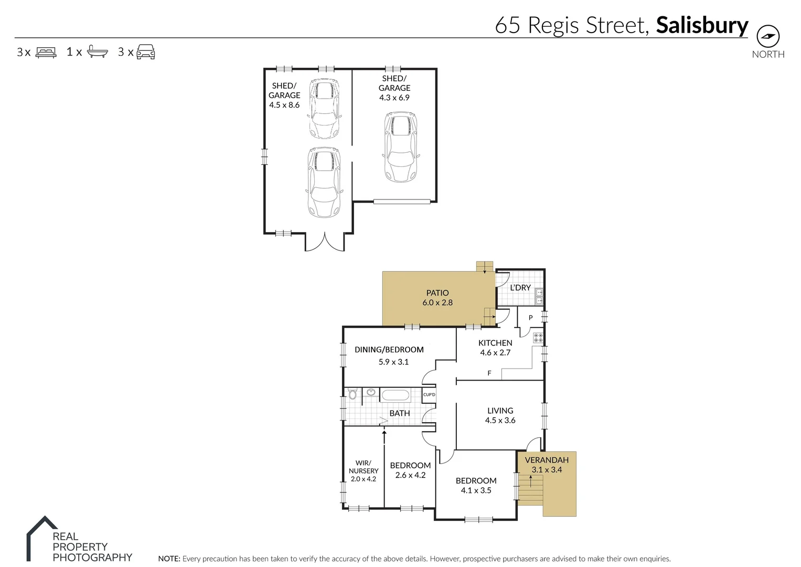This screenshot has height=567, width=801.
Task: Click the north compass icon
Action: pos(767,36)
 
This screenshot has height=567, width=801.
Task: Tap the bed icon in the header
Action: pos(46,52)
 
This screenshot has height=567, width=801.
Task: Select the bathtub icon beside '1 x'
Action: pos(98,51)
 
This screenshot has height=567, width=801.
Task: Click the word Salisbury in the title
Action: pos(702,25)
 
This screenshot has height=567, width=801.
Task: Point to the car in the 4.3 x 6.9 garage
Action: pos(401,147)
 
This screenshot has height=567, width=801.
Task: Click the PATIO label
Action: pos(437,293)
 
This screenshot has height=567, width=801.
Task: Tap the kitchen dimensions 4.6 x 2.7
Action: pos(495,353)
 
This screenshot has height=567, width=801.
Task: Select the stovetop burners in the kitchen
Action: pos(538,338)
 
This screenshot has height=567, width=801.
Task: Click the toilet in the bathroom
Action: pos(353,394)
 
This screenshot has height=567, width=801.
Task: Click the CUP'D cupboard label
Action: pos(429,395)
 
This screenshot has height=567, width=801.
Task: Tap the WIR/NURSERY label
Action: pos(364,467)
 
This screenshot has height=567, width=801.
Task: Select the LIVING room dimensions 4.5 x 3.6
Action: pos(500,421)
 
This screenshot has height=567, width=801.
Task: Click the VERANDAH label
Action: pos(547,460)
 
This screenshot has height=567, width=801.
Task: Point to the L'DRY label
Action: pos(520,288)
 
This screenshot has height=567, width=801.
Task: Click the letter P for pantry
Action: pos(530,318)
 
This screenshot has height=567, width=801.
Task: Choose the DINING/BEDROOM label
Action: pos(389,350)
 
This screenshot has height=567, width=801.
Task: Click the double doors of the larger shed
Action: pos(325,241)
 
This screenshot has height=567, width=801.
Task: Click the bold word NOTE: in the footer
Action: pos(169,559)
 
